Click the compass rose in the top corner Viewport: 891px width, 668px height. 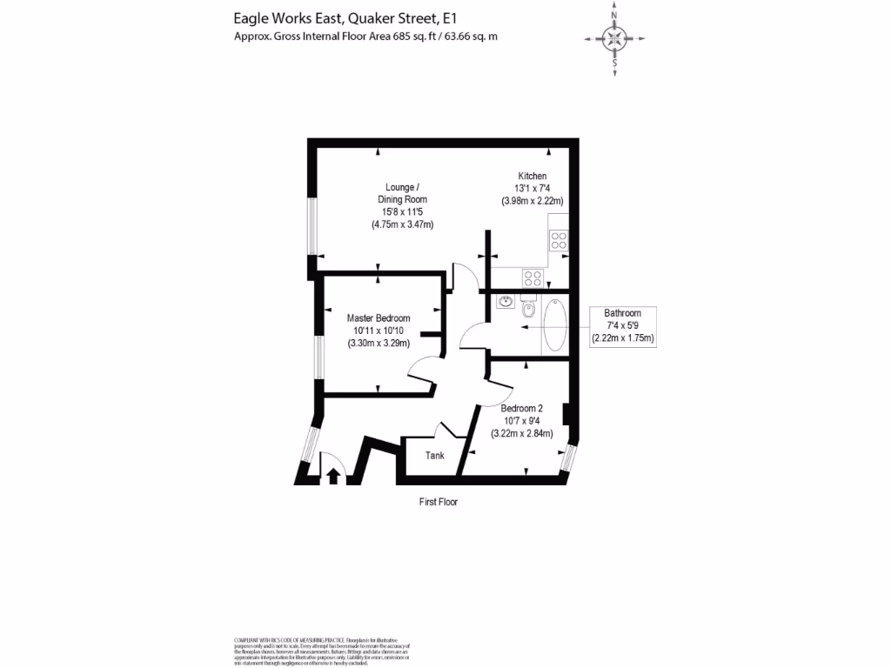pos(615,37)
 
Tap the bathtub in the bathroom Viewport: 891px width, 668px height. pos(554,326)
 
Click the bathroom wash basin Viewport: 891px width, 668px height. pos(505,302)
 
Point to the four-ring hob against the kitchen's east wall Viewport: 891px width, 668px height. pos(559,239)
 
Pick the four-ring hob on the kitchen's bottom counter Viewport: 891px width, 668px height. pos(533,278)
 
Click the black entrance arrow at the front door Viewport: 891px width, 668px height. pos(332,475)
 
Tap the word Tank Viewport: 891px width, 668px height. pos(434,456)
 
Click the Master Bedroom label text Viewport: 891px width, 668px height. pos(379,318)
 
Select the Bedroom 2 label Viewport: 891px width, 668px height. pos(522,408)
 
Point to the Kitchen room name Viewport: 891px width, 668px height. pos(533,176)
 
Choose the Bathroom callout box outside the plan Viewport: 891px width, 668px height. pos(623,326)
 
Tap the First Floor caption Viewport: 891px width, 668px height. pos(438,502)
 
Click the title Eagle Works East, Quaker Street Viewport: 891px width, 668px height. pos(344,17)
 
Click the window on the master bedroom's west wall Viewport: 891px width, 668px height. pos(319,357)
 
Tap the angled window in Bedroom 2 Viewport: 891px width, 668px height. pos(567,458)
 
